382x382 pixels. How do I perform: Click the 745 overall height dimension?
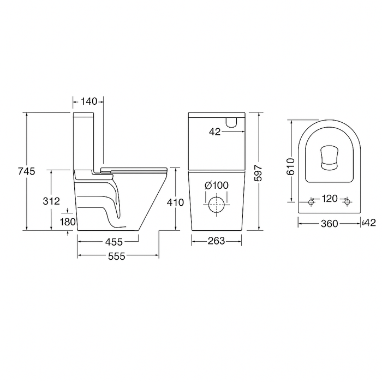pyautogui.click(x=26, y=171)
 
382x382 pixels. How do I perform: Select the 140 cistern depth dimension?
pyautogui.click(x=89, y=102)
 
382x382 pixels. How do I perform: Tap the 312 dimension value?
pyautogui.click(x=51, y=201)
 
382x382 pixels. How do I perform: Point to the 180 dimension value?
pyautogui.click(x=68, y=222)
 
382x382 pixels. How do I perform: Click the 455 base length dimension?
pyautogui.click(x=114, y=242)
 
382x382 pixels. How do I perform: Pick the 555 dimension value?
pyautogui.click(x=116, y=256)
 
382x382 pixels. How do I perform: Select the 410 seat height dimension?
pyautogui.click(x=175, y=202)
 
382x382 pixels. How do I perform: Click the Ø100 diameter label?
pyautogui.click(x=217, y=186)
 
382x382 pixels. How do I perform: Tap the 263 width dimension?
pyautogui.click(x=216, y=241)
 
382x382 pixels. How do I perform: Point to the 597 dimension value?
pyautogui.click(x=258, y=173)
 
